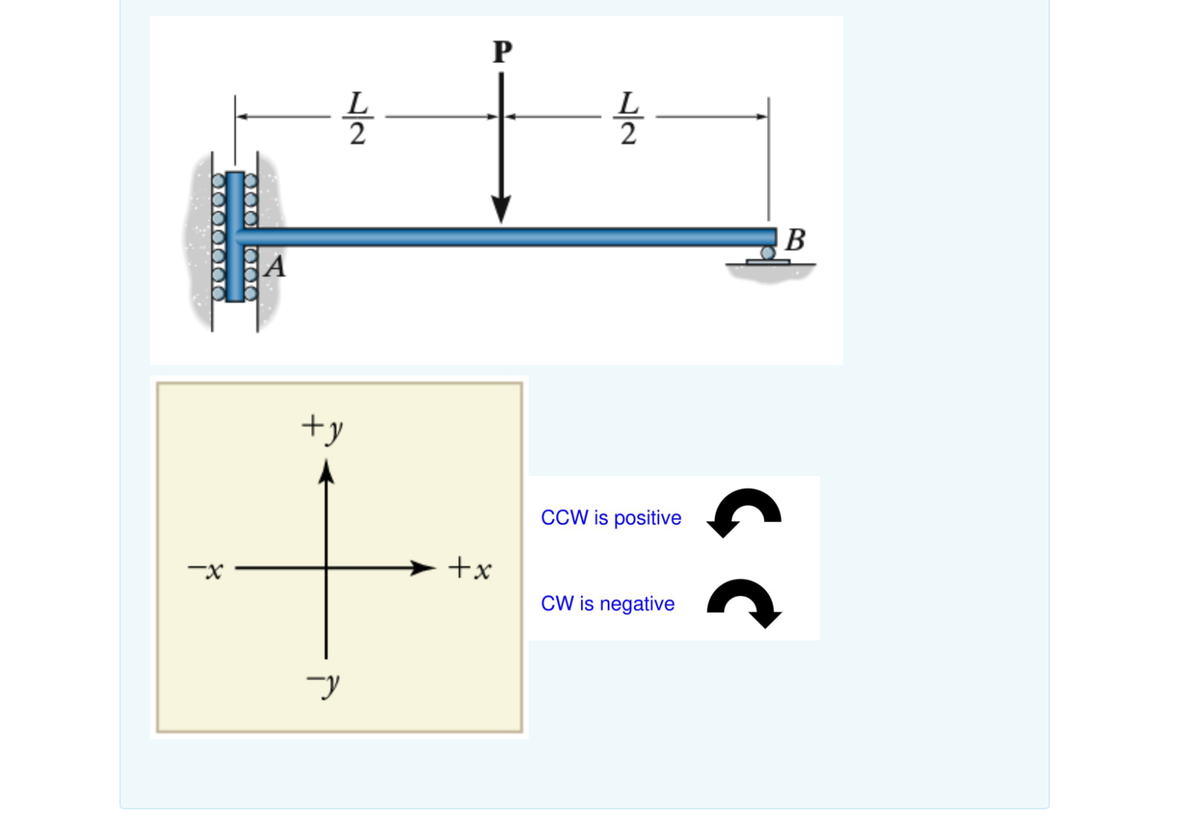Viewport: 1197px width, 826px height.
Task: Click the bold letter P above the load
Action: (502, 52)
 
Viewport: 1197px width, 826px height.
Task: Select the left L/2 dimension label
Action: (357, 118)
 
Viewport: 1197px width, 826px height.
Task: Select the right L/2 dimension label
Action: (628, 118)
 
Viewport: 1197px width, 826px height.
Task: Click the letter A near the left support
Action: (275, 268)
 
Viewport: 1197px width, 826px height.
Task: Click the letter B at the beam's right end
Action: (795, 239)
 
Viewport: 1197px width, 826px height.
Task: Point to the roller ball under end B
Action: (767, 253)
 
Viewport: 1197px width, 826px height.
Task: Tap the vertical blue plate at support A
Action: (234, 237)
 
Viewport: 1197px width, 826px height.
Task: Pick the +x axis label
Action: (470, 568)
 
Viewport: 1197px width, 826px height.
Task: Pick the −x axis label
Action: (206, 570)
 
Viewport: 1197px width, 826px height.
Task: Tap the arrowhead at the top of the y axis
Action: (326, 472)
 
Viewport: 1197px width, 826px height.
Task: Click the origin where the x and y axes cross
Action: (326, 568)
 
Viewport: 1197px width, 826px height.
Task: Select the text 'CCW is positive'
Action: (611, 517)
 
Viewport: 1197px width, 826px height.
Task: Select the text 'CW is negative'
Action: (607, 603)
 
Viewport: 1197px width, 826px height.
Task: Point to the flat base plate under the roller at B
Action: (767, 262)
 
